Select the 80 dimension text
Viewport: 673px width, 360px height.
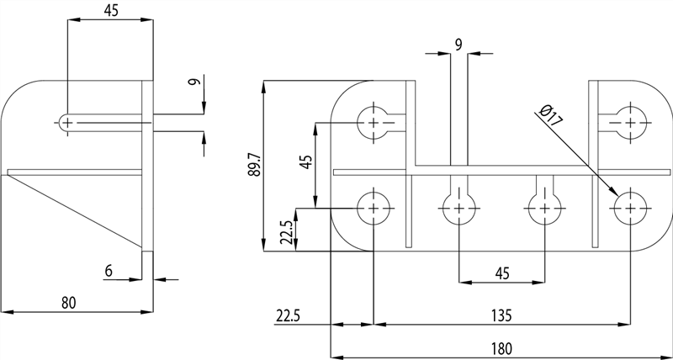[69, 303]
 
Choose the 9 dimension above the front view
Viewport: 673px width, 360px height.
[459, 45]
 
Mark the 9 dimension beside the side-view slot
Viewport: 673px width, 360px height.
[193, 82]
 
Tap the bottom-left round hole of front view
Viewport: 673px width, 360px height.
[374, 207]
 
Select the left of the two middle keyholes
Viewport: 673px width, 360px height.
[458, 205]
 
